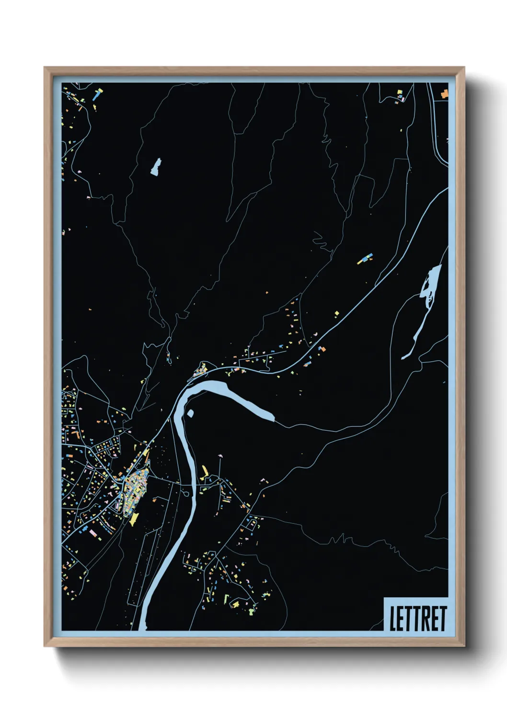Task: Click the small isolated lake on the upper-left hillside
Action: (156, 167)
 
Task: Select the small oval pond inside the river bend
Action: (190, 413)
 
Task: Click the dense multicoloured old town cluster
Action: (135, 489)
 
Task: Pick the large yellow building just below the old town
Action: (134, 519)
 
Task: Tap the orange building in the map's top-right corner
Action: (444, 93)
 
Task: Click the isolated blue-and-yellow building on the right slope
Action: (365, 259)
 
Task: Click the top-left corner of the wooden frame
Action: (45, 68)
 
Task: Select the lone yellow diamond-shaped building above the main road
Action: (336, 314)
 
